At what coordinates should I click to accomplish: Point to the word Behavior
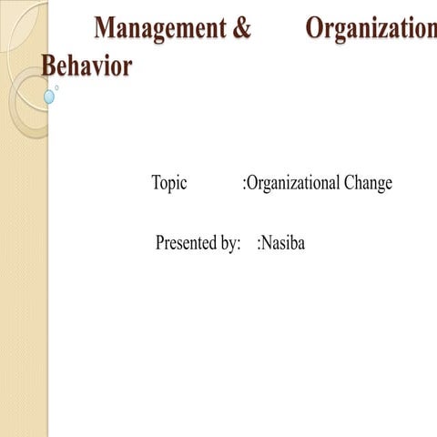click(86, 66)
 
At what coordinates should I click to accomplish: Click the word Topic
click(169, 183)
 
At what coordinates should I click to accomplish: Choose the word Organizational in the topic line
click(293, 183)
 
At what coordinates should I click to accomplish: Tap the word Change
click(368, 183)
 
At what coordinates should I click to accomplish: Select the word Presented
click(187, 243)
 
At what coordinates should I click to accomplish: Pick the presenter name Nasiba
click(283, 243)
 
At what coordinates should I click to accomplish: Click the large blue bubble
click(49, 97)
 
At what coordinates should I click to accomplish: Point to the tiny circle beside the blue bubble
click(56, 87)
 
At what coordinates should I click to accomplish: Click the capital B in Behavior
click(50, 66)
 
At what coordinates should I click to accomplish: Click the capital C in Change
click(350, 183)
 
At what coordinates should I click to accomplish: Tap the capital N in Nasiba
click(267, 243)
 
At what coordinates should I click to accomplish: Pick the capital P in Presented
click(160, 243)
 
